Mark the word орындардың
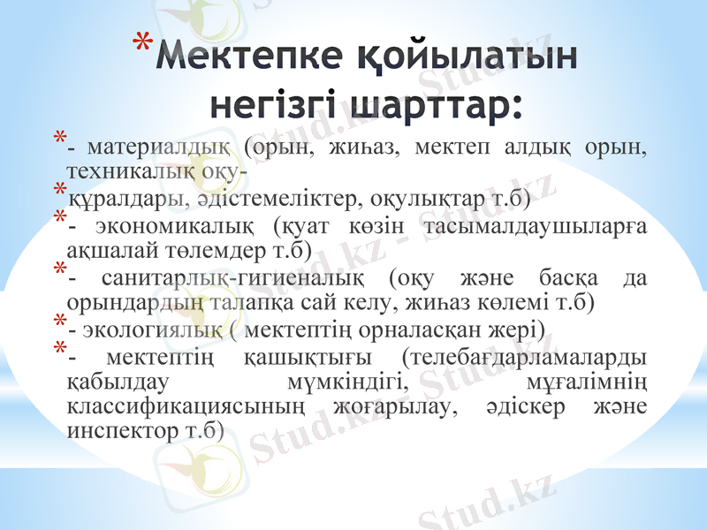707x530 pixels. [x=134, y=302]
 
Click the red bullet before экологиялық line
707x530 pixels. [x=59, y=321]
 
